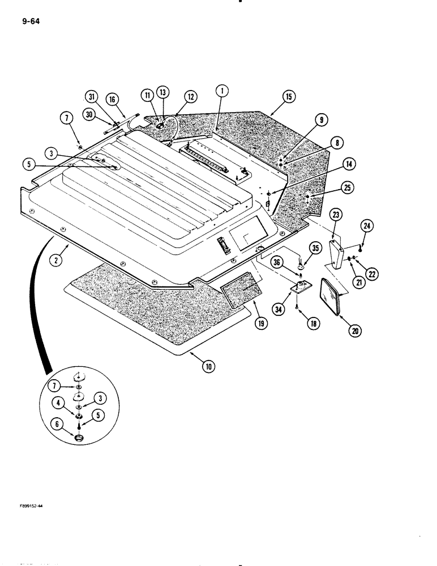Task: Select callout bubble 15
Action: (x=289, y=97)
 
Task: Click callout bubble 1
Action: (x=222, y=89)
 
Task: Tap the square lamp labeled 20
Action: (x=331, y=295)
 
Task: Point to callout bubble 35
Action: (x=316, y=247)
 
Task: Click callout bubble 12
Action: (x=190, y=97)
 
